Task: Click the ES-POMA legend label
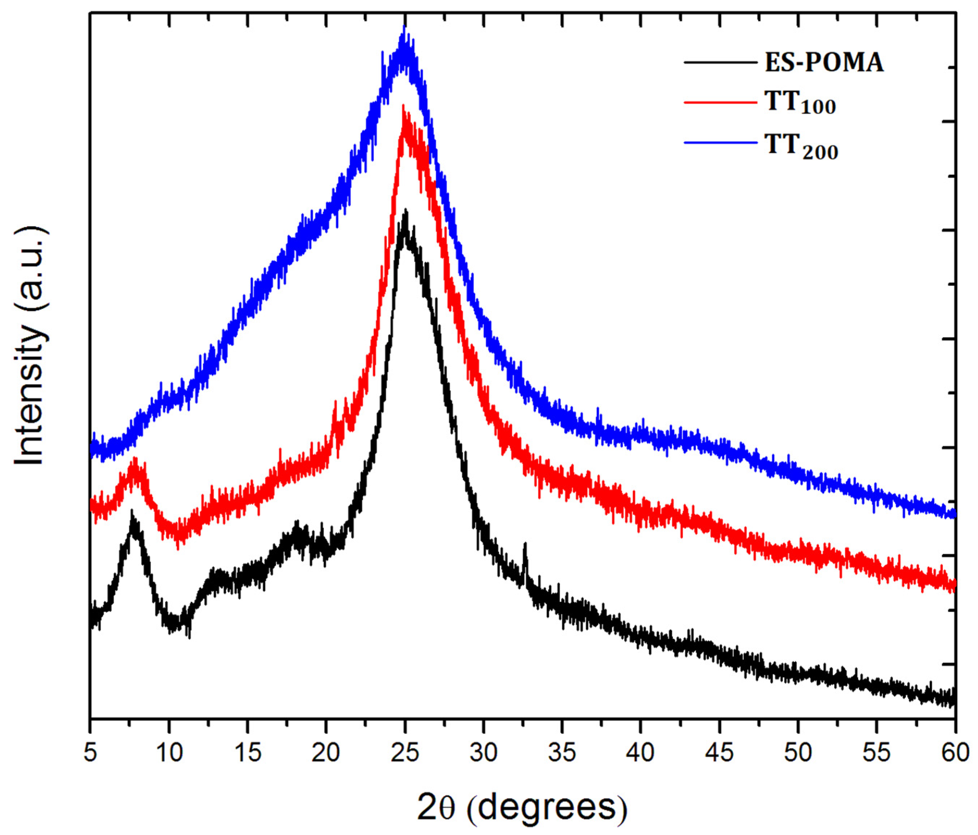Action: [x=824, y=62]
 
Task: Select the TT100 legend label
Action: [x=800, y=102]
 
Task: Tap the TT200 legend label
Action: [x=801, y=147]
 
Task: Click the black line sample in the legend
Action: [x=720, y=62]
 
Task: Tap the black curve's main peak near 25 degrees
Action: [x=405, y=211]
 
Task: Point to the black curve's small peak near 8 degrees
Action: [x=132, y=512]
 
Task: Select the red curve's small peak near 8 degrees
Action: [x=135, y=459]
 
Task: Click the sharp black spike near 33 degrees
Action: [x=525, y=545]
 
